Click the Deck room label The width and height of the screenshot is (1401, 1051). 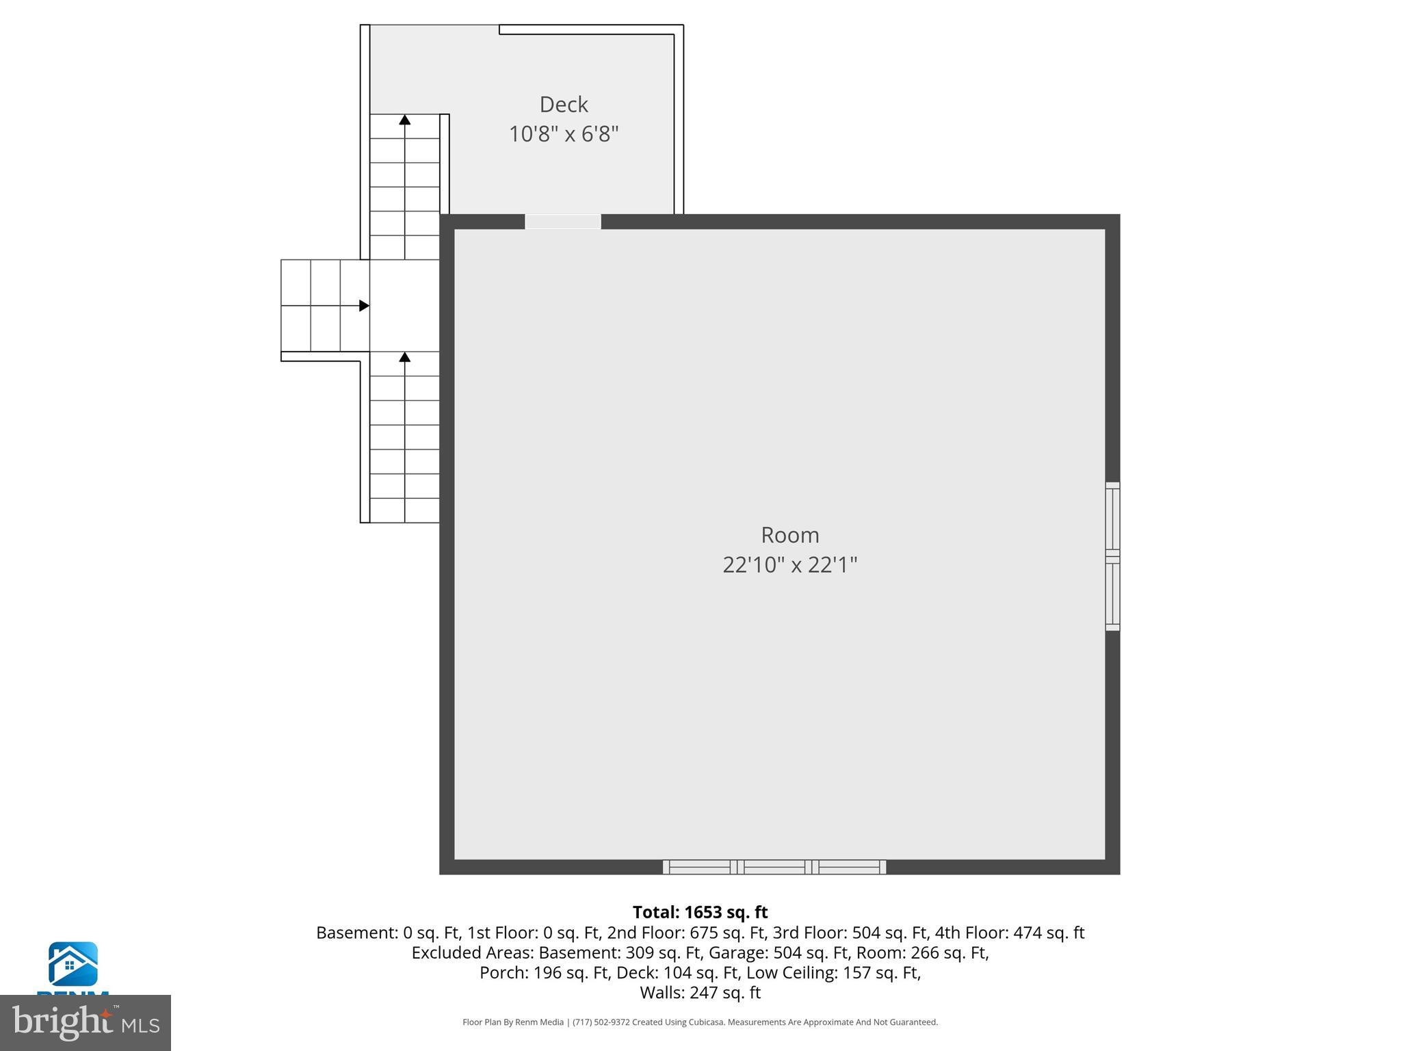pos(564,105)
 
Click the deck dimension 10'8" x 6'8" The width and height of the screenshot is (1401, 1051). pos(564,134)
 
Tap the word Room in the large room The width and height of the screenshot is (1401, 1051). pos(789,535)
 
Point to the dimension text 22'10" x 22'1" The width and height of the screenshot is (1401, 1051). pos(789,565)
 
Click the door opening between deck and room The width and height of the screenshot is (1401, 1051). pos(563,222)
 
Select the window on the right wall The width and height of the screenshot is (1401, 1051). pos(1112,556)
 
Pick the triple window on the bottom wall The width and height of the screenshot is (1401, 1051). pos(774,867)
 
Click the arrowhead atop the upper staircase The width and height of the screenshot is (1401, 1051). pos(405,120)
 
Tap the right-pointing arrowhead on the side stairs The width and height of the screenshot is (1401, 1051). pos(365,306)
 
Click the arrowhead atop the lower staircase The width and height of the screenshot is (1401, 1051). pos(405,357)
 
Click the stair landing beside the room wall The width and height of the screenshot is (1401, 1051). pos(404,306)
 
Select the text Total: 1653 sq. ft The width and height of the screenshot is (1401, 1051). pos(700,912)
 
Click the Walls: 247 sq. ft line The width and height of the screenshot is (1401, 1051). pos(700,992)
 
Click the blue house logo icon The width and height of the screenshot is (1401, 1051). pos(73,964)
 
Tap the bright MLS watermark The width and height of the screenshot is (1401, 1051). pos(86,1023)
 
